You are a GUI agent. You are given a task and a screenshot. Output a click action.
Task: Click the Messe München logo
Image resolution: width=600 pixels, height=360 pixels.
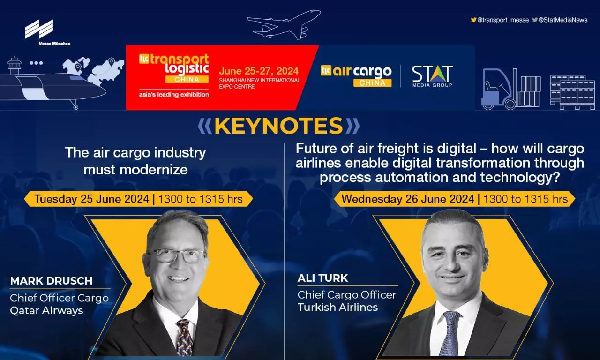tap(47, 32)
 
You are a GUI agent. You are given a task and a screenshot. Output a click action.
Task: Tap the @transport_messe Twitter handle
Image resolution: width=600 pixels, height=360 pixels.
tap(500, 20)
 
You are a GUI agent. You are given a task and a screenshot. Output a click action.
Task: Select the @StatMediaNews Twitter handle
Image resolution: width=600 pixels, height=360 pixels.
tap(560, 20)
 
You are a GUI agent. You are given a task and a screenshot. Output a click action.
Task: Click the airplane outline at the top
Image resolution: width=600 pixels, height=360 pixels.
tap(284, 25)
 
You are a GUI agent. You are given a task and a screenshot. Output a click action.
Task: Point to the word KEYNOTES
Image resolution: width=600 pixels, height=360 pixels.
tap(278, 126)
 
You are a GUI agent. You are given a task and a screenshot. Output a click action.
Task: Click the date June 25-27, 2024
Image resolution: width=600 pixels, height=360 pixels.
tap(258, 71)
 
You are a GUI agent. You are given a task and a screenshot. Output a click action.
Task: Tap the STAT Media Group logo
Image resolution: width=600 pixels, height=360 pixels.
tap(432, 76)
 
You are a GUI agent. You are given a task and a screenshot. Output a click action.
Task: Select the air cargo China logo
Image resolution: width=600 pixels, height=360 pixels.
tap(356, 76)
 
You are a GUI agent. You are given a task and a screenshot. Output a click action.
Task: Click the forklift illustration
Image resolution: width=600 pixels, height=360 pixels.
tap(499, 89)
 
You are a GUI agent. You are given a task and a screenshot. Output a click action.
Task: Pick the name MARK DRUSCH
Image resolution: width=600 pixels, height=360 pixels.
tap(52, 281)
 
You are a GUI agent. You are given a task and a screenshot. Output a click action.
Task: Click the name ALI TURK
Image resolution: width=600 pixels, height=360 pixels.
tap(322, 278)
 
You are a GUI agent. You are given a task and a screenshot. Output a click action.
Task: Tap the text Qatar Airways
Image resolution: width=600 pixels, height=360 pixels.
tap(46, 311)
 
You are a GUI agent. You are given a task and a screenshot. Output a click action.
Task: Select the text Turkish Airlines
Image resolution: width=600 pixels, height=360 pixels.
tap(338, 307)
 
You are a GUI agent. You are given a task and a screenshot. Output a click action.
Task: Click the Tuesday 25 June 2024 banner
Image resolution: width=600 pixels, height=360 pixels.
tap(138, 199)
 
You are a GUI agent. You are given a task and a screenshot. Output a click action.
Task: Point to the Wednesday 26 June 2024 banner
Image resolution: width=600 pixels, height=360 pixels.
tap(455, 199)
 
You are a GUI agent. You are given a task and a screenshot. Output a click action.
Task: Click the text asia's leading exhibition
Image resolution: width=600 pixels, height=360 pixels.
tap(174, 95)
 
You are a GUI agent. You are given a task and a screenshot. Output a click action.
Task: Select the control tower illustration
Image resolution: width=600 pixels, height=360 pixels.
tap(15, 65)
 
